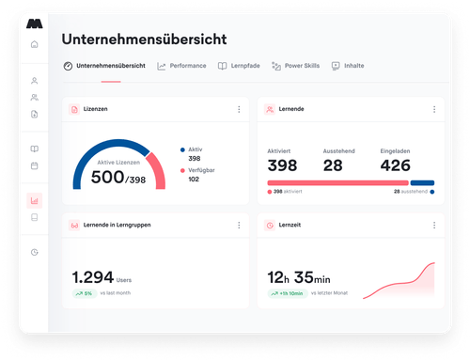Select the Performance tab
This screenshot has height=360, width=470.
click(182, 66)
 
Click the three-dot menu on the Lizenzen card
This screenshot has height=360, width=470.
click(239, 110)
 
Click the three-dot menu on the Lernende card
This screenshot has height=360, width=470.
click(434, 110)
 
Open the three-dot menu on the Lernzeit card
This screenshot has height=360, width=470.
click(434, 226)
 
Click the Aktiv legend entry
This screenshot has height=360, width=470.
click(195, 149)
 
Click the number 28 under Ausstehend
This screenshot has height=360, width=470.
click(334, 165)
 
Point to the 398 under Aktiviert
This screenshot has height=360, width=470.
click(282, 165)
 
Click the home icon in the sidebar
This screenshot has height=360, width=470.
click(35, 44)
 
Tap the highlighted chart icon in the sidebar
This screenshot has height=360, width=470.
click(35, 199)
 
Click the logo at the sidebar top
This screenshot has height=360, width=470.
click(35, 21)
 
